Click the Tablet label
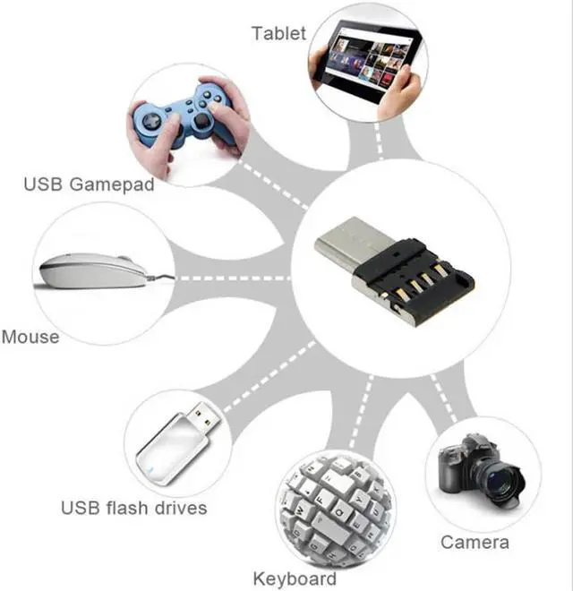coord(278,34)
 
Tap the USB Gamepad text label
coord(89,185)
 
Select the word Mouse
coord(30,338)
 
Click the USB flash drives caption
coord(133,509)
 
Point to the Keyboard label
coord(295,578)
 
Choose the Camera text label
coord(475,542)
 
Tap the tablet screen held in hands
coord(367,57)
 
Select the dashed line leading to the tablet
coord(381,143)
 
